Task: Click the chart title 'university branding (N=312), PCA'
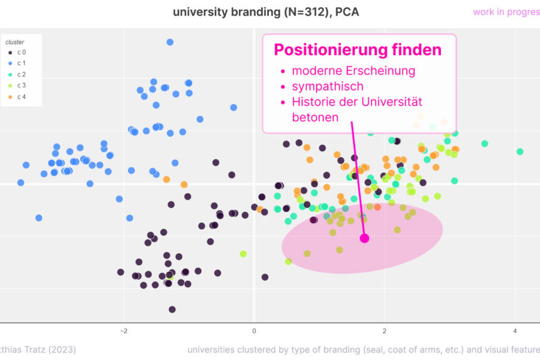pos(265,12)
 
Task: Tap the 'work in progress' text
pos(506,12)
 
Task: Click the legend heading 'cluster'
pos(14,42)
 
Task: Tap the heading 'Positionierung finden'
pos(358,50)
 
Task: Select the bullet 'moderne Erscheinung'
pos(353,71)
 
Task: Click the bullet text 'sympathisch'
pos(328,86)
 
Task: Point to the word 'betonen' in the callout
pos(315,118)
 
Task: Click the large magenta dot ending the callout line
pos(364,238)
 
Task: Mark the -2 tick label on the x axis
pos(124,331)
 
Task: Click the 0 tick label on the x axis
pos(254,331)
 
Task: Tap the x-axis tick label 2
pos(385,331)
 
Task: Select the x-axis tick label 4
pos(515,331)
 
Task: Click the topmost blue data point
pos(170,42)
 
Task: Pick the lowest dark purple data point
pos(172,310)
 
